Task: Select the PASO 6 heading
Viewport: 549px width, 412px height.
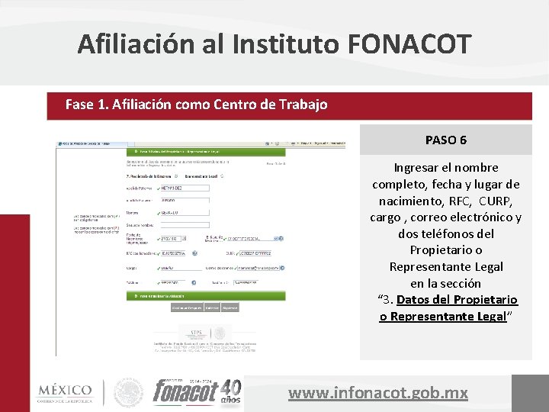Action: pyautogui.click(x=446, y=140)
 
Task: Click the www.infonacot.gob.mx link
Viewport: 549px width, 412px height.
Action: pyautogui.click(x=378, y=393)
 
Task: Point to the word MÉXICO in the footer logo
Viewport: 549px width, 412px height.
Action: pyautogui.click(x=65, y=390)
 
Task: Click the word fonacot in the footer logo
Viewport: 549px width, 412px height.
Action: pyautogui.click(x=185, y=392)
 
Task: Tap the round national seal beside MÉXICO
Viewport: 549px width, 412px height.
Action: pyautogui.click(x=128, y=393)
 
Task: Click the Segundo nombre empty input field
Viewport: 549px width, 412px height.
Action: pyautogui.click(x=184, y=225)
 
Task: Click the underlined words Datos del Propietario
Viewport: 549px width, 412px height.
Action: pyautogui.click(x=457, y=300)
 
